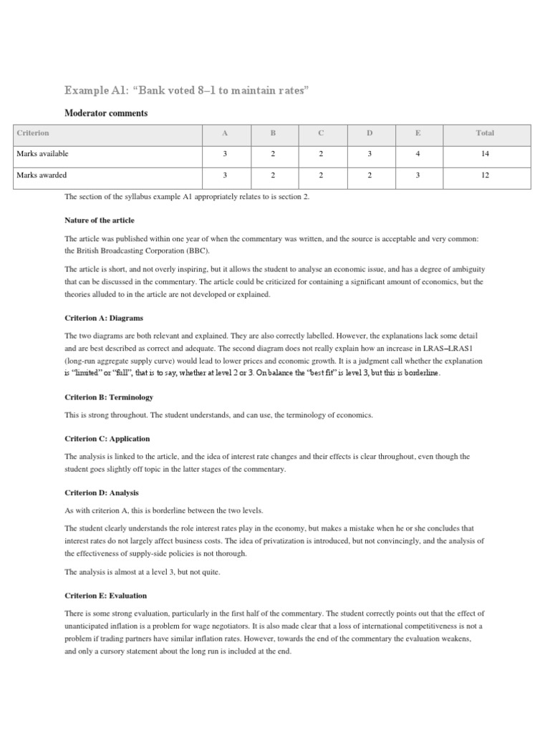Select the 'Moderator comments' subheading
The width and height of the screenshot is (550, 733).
(x=106, y=112)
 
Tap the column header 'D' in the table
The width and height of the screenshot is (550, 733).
(x=370, y=133)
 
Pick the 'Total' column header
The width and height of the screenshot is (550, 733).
(x=485, y=133)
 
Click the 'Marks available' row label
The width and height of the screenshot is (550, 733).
(x=42, y=154)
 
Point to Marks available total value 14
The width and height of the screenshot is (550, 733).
(x=485, y=154)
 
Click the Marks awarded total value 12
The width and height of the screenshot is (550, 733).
(x=485, y=175)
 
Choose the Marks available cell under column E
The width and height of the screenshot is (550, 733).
(x=419, y=154)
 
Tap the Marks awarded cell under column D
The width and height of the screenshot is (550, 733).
(x=370, y=175)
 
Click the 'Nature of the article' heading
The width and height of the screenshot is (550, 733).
(x=99, y=220)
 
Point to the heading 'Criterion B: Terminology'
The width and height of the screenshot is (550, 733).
(x=109, y=397)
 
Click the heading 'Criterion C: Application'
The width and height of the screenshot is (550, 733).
(x=107, y=438)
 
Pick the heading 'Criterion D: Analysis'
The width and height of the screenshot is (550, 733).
(x=102, y=492)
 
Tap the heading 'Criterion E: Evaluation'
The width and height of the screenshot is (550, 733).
(x=106, y=595)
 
